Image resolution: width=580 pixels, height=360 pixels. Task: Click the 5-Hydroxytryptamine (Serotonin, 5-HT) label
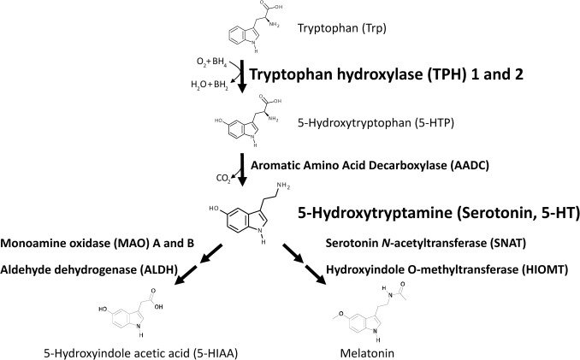(435, 211)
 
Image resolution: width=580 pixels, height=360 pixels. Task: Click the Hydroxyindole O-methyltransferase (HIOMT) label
(445, 269)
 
